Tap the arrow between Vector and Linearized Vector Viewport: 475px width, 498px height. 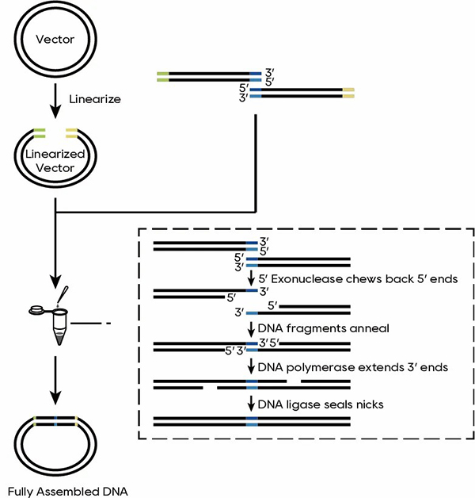(54, 96)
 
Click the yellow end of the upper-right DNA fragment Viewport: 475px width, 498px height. (348, 94)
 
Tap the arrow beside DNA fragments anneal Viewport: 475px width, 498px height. (252, 328)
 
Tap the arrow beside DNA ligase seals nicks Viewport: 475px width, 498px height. (252, 404)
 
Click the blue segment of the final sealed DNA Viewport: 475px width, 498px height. (252, 420)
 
